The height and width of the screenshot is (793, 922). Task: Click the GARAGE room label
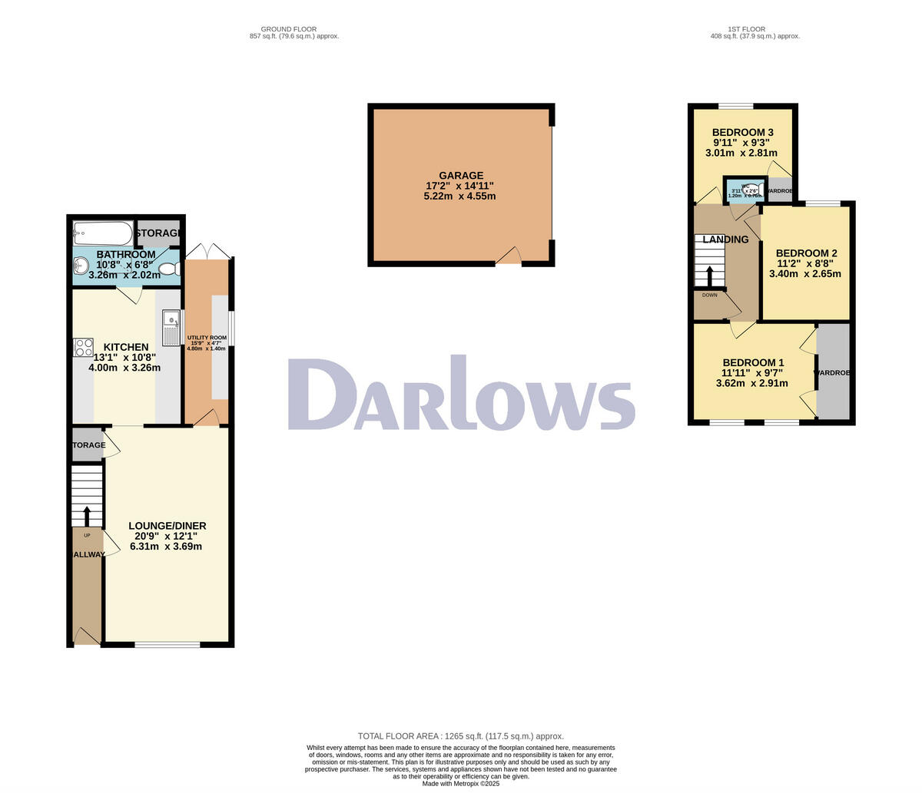point(461,176)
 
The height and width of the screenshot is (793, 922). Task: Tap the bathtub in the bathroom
point(103,233)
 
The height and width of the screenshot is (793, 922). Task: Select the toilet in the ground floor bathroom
point(168,269)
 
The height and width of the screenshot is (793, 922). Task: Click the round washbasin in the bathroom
point(81,266)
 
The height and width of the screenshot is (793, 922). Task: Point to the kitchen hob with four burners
point(83,347)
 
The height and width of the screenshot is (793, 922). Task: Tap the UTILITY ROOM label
point(207,338)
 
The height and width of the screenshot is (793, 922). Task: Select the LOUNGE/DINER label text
point(167,526)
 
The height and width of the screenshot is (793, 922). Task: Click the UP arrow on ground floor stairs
point(86,515)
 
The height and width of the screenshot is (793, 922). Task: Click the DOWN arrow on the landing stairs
point(709,276)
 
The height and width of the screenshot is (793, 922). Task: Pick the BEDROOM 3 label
point(742,132)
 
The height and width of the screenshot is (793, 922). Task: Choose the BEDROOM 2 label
point(806,253)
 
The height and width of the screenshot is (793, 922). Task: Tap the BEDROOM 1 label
point(752,363)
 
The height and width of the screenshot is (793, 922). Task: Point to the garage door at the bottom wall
point(508,261)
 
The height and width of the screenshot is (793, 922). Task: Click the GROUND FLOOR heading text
point(294,29)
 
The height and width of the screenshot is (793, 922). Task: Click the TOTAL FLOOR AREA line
point(460,735)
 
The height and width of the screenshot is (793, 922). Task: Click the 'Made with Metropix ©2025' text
point(460,784)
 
